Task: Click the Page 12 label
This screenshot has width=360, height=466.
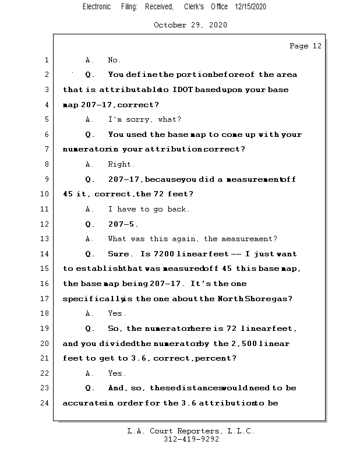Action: pos(305,46)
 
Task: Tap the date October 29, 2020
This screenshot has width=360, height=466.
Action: pos(190,25)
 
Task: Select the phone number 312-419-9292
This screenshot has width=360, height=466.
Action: pos(191,440)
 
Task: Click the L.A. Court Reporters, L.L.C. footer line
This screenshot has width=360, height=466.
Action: pos(190,431)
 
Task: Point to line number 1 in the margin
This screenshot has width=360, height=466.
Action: pos(46,60)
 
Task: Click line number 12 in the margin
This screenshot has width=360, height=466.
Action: pos(44,224)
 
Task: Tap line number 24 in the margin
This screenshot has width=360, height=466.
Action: pos(44,403)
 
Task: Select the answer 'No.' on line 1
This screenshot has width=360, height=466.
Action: pos(115,60)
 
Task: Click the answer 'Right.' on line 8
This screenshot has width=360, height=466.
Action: pos(121,164)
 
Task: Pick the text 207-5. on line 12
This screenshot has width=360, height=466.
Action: pos(123,224)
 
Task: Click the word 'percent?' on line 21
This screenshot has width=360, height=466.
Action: pos(216,358)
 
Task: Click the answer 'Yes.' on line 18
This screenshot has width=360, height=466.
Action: pos(117,313)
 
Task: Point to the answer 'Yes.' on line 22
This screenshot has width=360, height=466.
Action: pos(117,373)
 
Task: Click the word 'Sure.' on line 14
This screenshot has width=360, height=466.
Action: pos(121,254)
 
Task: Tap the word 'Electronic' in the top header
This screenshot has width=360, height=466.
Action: pos(97,7)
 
